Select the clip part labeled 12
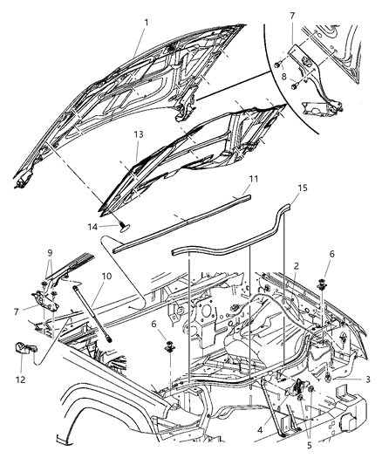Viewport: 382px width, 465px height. coord(25,351)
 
